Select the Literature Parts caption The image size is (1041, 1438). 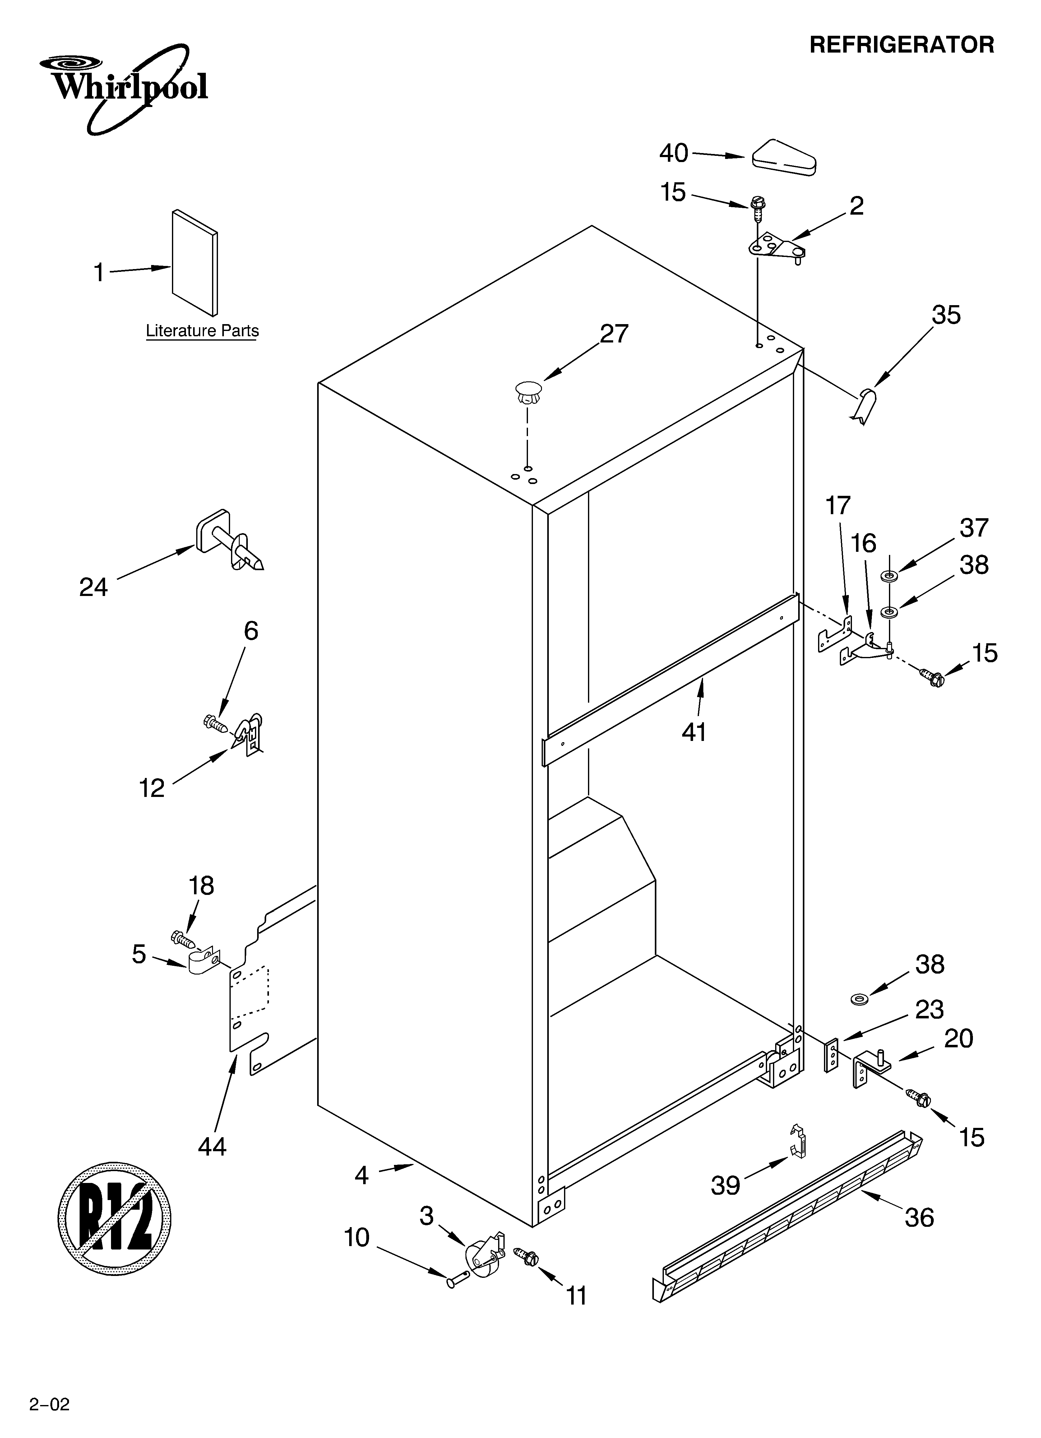point(202,331)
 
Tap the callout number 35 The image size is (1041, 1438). point(946,315)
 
